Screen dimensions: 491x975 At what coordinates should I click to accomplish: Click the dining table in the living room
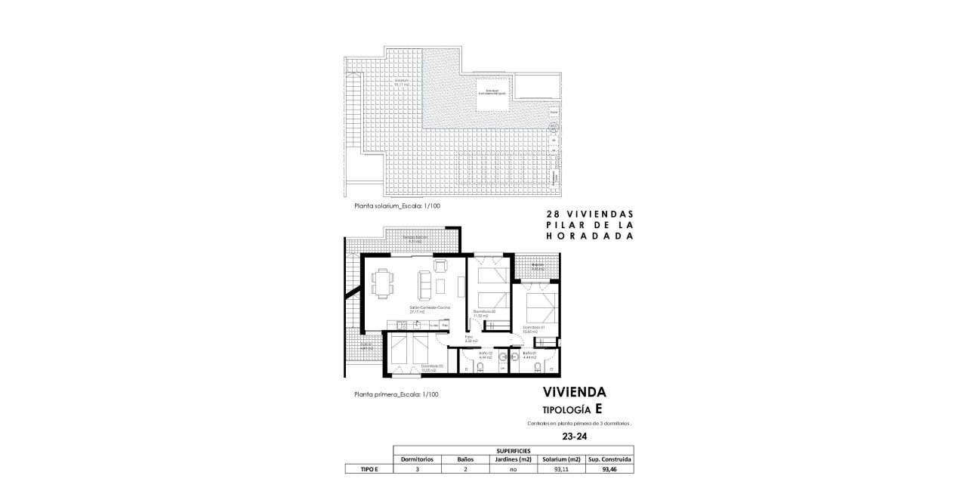coord(382,283)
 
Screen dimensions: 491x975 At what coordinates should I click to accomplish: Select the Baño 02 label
coord(485,355)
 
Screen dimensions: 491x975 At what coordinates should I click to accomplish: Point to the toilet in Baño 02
coord(480,369)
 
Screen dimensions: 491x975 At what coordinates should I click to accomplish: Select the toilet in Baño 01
coord(537,369)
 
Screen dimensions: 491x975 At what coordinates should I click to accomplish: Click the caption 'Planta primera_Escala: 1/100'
coord(396,394)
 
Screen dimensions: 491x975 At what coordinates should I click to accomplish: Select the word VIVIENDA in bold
coord(574,392)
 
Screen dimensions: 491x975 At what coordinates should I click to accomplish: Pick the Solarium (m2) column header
coord(561,459)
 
